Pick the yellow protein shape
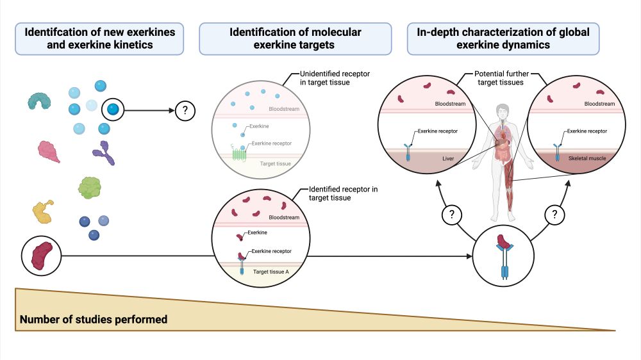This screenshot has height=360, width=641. point(42,211)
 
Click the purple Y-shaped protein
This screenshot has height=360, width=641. point(103,153)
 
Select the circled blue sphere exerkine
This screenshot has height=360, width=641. point(113,110)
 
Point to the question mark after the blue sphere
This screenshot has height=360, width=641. point(185,111)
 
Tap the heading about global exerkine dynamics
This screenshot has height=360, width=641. point(503,39)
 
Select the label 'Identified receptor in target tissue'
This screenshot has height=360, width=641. point(343,193)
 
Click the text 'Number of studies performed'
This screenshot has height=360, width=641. point(94,319)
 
